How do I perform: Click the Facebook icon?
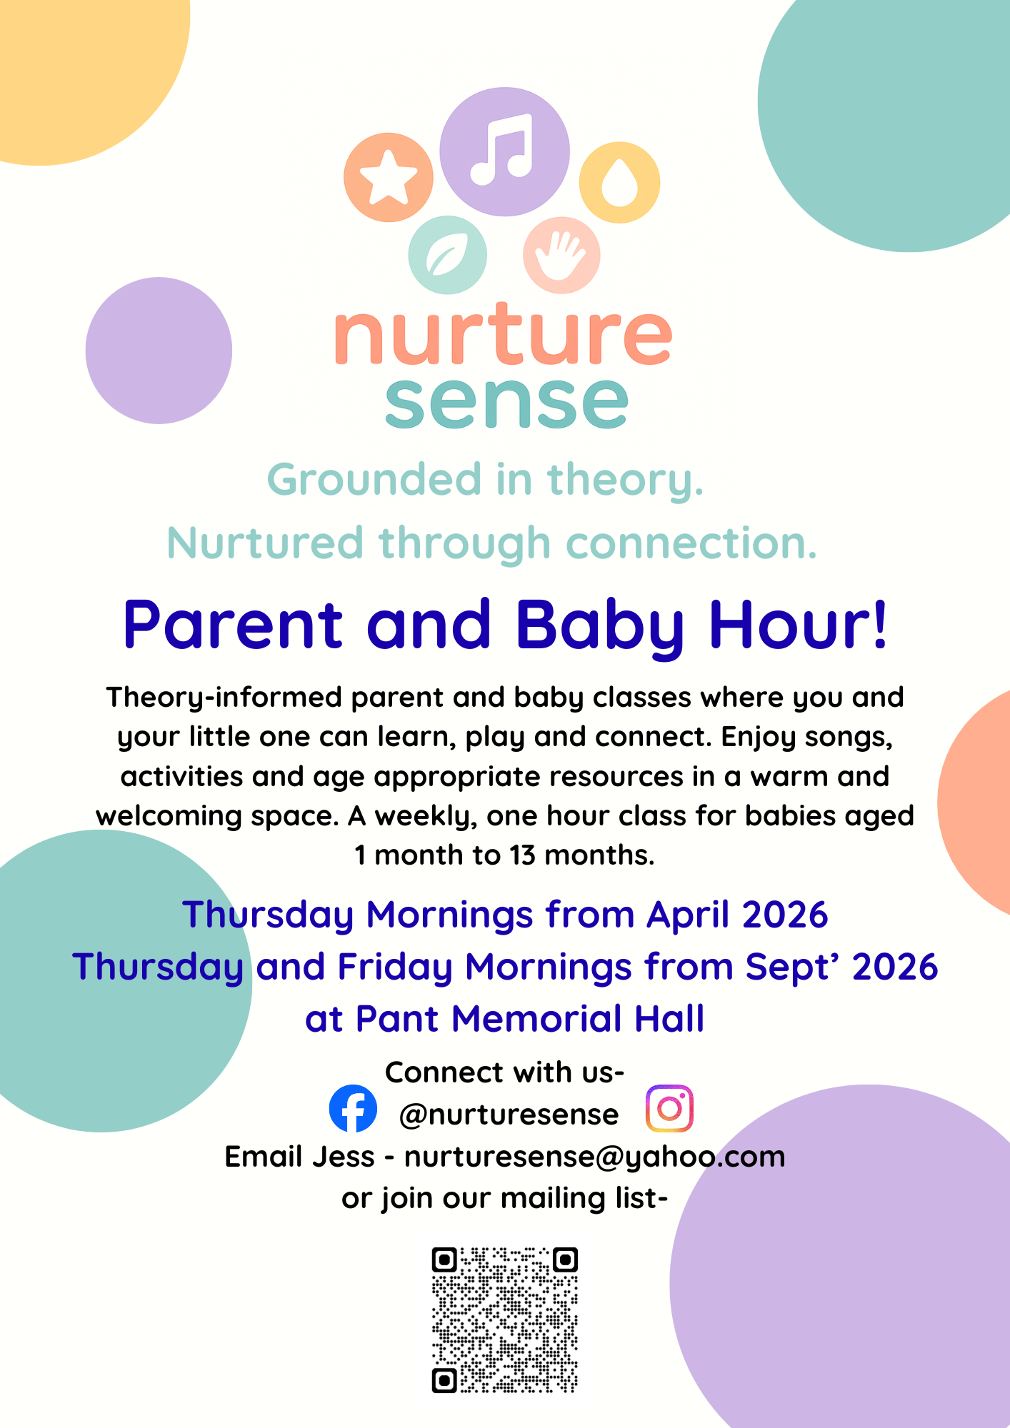353,1108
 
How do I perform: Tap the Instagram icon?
669,1108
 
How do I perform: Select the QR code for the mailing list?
504,1320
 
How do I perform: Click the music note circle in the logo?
504,151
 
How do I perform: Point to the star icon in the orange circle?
389,176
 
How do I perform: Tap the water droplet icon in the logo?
619,183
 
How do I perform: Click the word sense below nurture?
506,403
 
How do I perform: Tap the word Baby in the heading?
600,626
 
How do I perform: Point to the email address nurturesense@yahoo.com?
594,1157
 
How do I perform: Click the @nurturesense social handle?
509,1115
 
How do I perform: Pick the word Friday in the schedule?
395,967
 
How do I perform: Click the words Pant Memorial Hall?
530,1019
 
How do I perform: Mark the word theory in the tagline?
626,480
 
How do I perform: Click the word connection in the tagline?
691,543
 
